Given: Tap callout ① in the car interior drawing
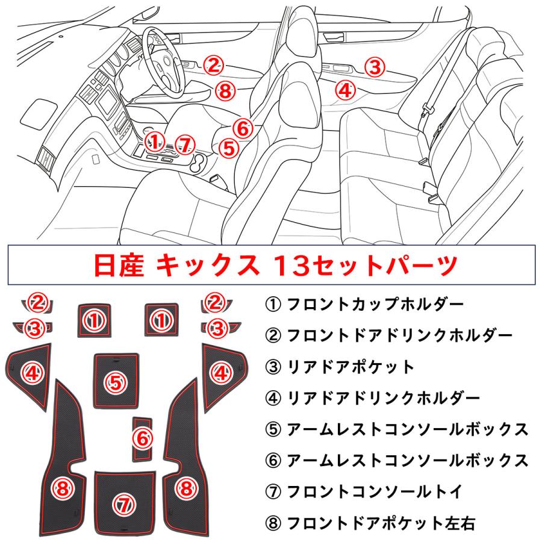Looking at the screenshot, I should click(155, 141).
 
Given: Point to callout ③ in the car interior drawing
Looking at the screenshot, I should click(375, 67).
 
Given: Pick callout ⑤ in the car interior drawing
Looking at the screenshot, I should click(228, 148).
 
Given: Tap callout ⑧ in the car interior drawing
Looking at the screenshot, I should click(223, 92).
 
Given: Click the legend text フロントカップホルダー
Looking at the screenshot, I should click(376, 303).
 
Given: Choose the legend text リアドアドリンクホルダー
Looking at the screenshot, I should click(384, 397).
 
